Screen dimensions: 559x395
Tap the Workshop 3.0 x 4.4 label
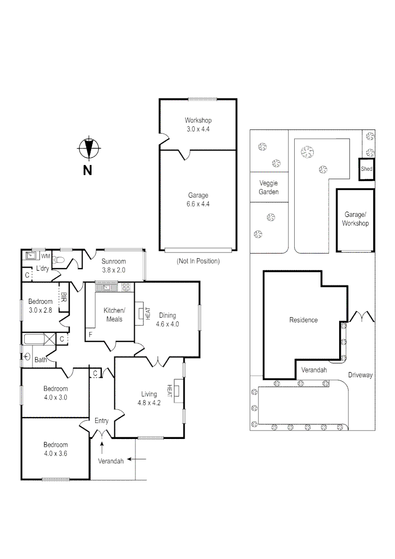pyautogui.click(x=199, y=124)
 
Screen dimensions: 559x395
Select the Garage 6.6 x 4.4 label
pyautogui.click(x=199, y=200)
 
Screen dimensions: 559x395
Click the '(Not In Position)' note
pyautogui.click(x=198, y=261)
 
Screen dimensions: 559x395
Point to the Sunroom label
pyautogui.click(x=113, y=266)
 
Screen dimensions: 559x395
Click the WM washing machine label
pyautogui.click(x=45, y=256)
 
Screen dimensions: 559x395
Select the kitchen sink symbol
pyautogui.click(x=107, y=287)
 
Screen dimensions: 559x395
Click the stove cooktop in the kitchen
pyautogui.click(x=126, y=287)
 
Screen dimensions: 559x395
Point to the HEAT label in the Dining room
pyautogui.click(x=147, y=313)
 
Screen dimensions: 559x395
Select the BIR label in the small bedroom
pyautogui.click(x=64, y=298)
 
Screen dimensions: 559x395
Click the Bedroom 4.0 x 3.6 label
pyautogui.click(x=55, y=449)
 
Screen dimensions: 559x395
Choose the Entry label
pyautogui.click(x=101, y=421)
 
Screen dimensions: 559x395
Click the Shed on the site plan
pyautogui.click(x=367, y=169)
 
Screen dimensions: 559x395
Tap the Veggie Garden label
pyautogui.click(x=268, y=188)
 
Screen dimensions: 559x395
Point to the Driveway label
pyautogui.click(x=360, y=375)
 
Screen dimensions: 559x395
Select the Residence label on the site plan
pyautogui.click(x=303, y=320)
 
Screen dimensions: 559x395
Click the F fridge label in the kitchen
pyautogui.click(x=90, y=335)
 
